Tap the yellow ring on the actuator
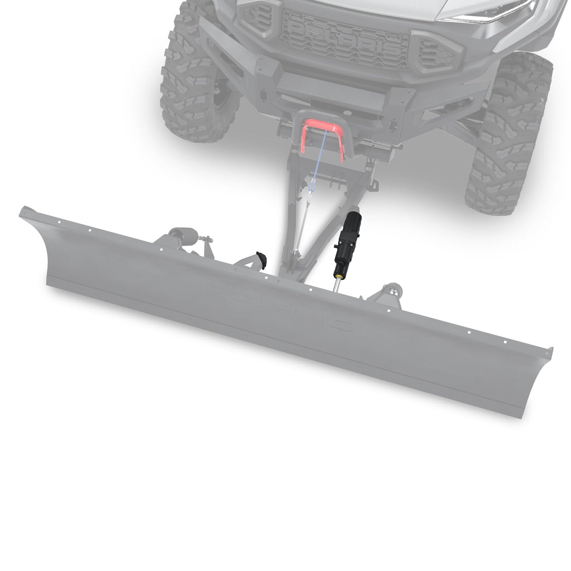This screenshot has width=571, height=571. point(339,273)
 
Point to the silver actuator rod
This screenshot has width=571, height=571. point(336,284)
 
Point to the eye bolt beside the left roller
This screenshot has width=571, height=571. point(204,239)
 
